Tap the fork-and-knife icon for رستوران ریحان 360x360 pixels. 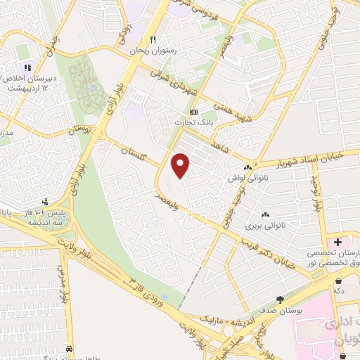click(x=153, y=40)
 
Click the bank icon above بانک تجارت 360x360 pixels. click(x=194, y=111)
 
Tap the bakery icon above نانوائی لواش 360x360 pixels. click(x=247, y=167)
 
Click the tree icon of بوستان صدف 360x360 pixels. click(x=280, y=299)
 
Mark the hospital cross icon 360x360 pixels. click(x=338, y=242)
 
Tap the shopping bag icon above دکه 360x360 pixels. click(x=338, y=279)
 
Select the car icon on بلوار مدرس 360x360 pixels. click(x=69, y=349)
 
